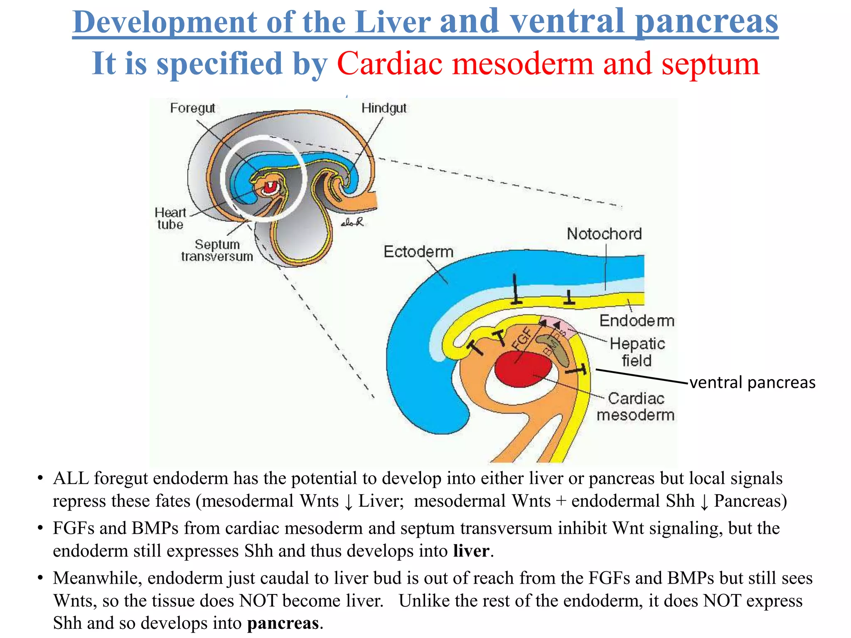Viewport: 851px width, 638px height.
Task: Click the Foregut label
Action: pyautogui.click(x=192, y=108)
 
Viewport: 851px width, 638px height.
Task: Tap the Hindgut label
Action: pyautogui.click(x=384, y=108)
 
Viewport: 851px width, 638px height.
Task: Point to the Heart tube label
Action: pyautogui.click(x=170, y=218)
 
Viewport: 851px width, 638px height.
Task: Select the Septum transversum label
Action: pyautogui.click(x=217, y=250)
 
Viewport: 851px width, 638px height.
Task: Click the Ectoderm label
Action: pyautogui.click(x=418, y=252)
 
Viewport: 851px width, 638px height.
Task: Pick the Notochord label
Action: pyautogui.click(x=604, y=234)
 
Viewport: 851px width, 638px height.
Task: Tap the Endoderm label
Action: pyautogui.click(x=637, y=321)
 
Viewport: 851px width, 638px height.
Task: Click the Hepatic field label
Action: pyautogui.click(x=637, y=352)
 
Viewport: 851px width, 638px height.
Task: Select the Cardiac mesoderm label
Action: pyautogui.click(x=636, y=406)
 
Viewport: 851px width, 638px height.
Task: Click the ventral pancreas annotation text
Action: pyautogui.click(x=752, y=383)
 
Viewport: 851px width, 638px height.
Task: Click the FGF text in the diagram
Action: pyautogui.click(x=522, y=339)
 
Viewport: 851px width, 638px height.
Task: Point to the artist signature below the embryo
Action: pyautogui.click(x=352, y=223)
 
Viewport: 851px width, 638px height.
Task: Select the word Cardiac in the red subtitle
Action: pyautogui.click(x=389, y=64)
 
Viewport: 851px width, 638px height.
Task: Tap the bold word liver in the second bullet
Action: pyautogui.click(x=471, y=551)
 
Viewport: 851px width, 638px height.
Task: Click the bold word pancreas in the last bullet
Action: pyautogui.click(x=283, y=623)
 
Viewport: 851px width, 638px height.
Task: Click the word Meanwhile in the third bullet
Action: pyautogui.click(x=97, y=578)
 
